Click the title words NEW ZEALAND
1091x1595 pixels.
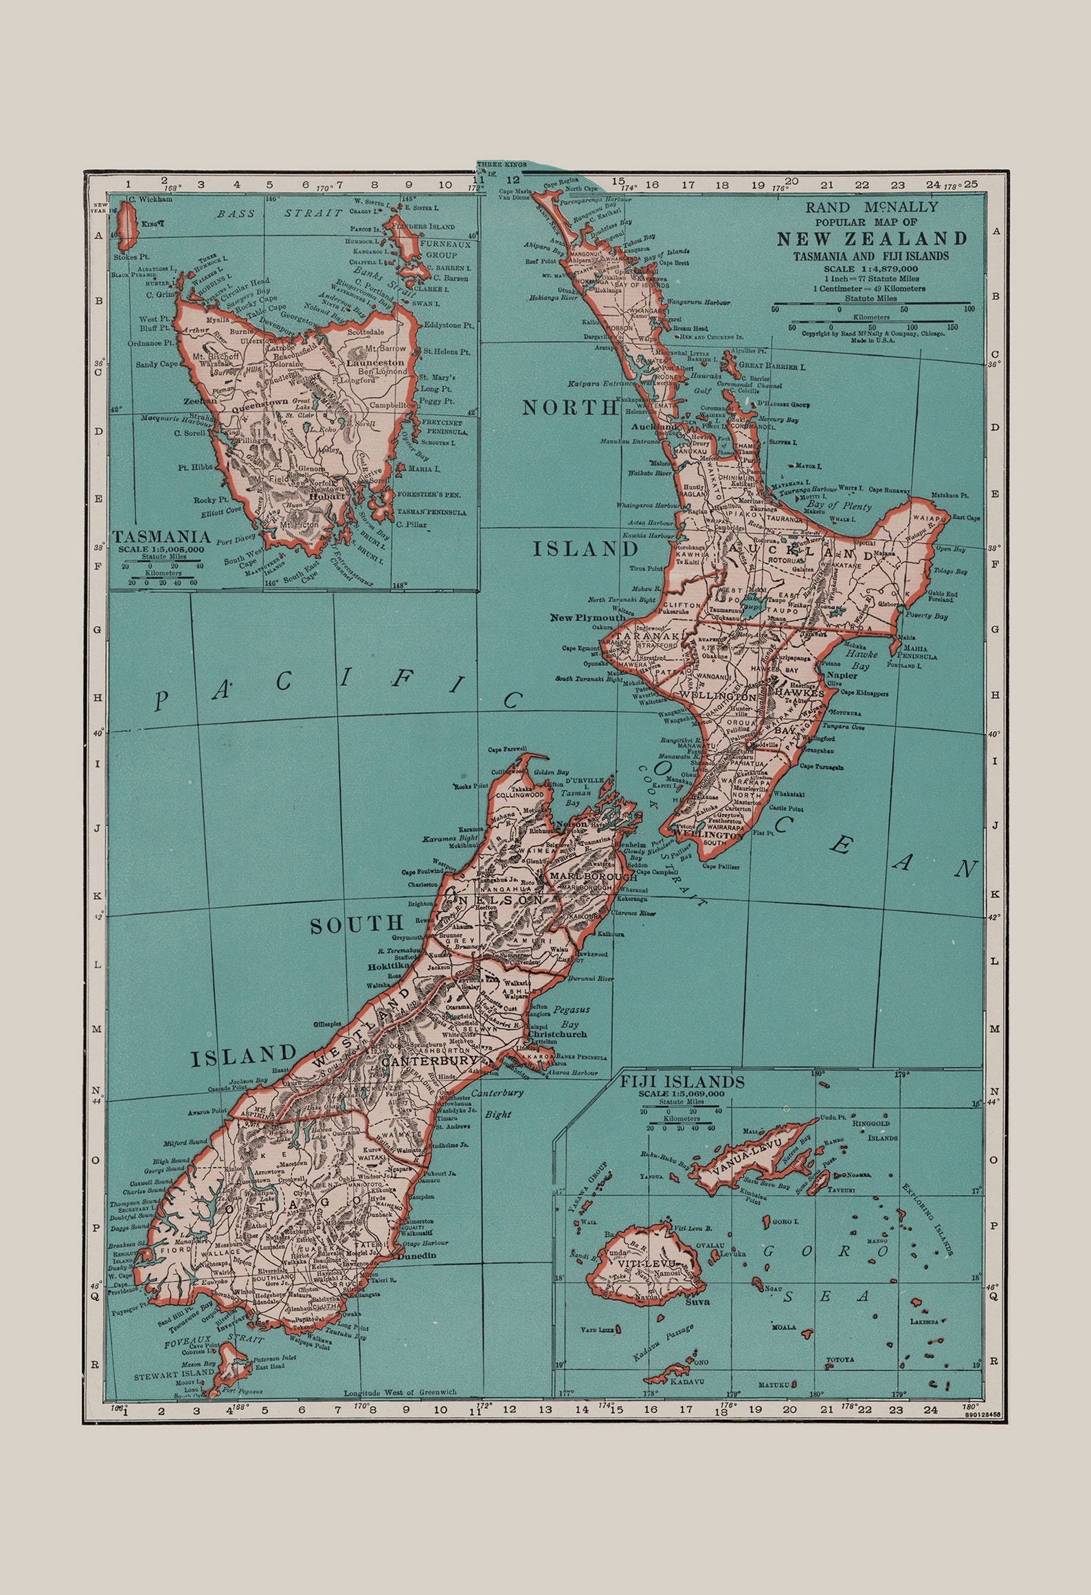(872, 239)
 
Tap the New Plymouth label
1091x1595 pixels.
(587, 617)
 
